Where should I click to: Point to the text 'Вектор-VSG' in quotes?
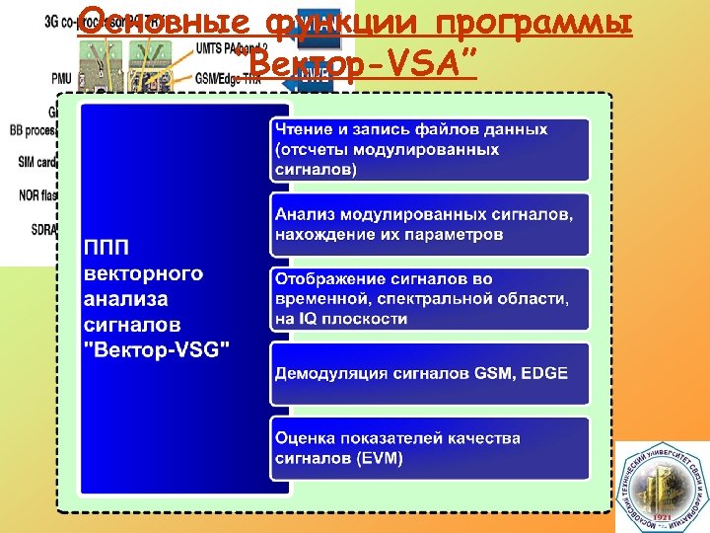coord(159,349)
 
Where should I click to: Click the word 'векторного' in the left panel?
coord(144,272)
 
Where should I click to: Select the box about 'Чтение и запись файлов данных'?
coord(430,149)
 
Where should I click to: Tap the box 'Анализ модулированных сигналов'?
coord(430,223)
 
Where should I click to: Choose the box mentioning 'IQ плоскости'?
coord(430,299)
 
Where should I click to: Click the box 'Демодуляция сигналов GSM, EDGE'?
coord(430,373)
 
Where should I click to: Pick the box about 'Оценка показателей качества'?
coord(430,448)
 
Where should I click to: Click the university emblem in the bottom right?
coord(662,489)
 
